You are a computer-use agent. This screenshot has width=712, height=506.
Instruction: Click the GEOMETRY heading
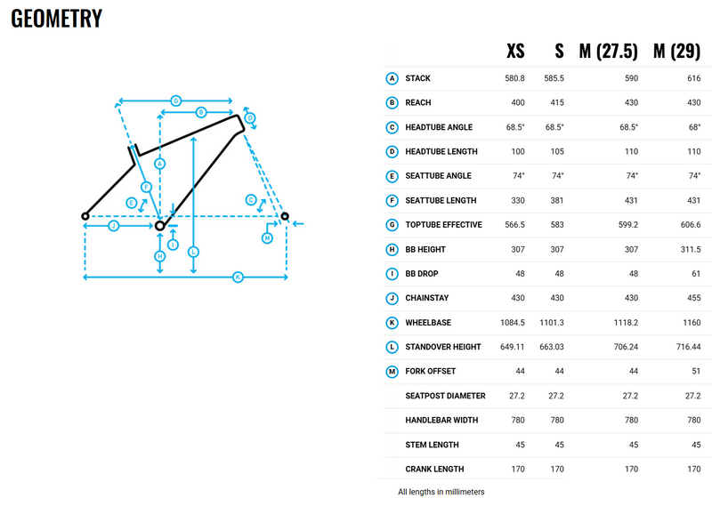[x=56, y=19]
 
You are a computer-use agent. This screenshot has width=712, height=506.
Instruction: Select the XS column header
[x=515, y=51]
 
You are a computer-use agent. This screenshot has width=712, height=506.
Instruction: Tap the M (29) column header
[x=676, y=51]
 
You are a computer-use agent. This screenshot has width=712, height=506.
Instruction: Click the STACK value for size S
[x=554, y=78]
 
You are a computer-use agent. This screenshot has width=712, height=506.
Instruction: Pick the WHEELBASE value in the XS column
[x=513, y=322]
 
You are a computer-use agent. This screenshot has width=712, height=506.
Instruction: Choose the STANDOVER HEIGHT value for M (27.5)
[x=626, y=347]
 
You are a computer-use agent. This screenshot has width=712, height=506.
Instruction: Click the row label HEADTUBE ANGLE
[x=439, y=127]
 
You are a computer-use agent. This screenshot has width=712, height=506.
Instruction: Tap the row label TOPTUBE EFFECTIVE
[x=443, y=225]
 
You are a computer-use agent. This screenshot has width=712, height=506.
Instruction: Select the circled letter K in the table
[x=392, y=323]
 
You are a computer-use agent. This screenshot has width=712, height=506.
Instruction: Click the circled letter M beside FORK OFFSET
[x=392, y=372]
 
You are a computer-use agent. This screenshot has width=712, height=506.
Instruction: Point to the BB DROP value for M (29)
[x=696, y=274]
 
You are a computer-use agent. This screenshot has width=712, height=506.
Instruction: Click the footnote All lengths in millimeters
[x=441, y=492]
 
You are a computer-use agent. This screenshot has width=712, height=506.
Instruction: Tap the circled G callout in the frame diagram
[x=175, y=100]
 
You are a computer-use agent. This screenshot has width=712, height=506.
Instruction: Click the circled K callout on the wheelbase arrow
[x=238, y=277]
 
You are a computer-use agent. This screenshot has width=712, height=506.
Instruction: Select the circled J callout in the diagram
[x=114, y=226]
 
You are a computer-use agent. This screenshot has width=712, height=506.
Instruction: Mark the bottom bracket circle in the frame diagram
[x=159, y=226]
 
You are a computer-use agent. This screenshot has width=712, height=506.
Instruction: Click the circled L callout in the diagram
[x=193, y=252]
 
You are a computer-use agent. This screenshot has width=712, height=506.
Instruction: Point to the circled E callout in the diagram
[x=131, y=203]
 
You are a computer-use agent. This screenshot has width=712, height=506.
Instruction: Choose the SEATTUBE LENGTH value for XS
[x=518, y=200]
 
